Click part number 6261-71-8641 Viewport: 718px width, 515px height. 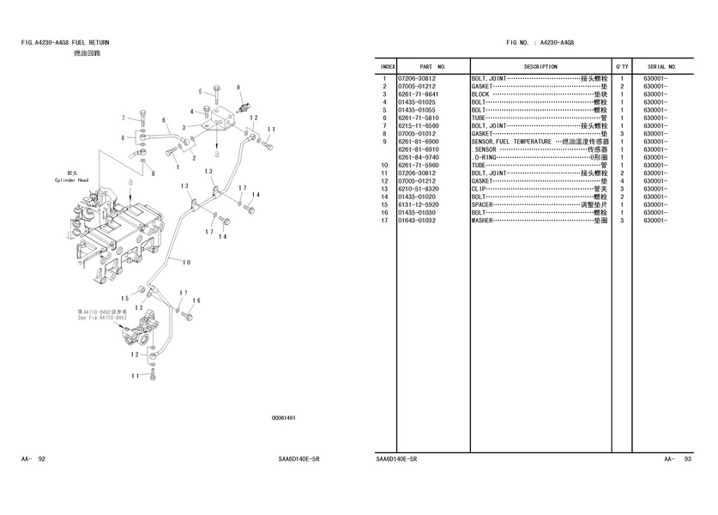(x=418, y=94)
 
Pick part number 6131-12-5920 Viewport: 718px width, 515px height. (x=418, y=205)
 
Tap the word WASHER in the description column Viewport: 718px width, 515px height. (x=481, y=221)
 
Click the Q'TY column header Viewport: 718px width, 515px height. (x=621, y=66)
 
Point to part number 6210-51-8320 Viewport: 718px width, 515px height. (x=418, y=189)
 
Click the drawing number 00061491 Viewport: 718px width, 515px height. (x=284, y=418)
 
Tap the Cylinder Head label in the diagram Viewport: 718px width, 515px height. (x=71, y=181)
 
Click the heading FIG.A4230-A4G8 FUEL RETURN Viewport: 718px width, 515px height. (x=65, y=42)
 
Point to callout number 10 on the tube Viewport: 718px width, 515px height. (x=185, y=262)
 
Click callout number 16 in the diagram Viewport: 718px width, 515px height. (x=196, y=300)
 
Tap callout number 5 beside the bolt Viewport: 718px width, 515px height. (x=200, y=91)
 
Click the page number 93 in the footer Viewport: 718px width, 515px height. (x=687, y=460)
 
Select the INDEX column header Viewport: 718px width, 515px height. (x=388, y=66)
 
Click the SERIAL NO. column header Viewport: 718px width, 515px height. (x=662, y=66)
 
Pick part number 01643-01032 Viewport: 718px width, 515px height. (x=418, y=221)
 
